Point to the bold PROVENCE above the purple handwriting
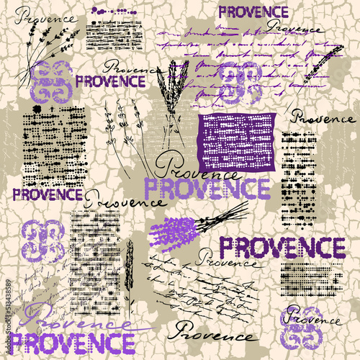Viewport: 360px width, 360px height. (253, 12)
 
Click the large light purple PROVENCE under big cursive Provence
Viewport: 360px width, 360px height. (197, 188)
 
